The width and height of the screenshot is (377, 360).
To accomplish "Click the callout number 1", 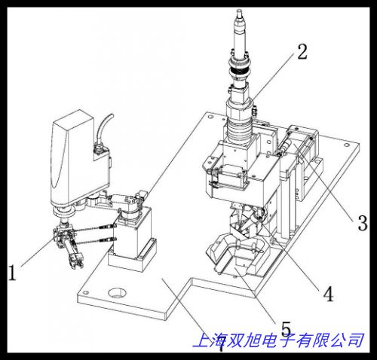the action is click(12, 273).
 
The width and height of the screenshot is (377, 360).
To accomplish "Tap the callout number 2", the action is click(302, 52).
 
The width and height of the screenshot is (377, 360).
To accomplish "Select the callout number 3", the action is click(363, 223).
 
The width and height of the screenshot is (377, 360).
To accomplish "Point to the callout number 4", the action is click(328, 294).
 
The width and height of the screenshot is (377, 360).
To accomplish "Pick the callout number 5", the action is click(286, 328).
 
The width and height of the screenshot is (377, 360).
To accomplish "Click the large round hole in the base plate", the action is click(117, 293).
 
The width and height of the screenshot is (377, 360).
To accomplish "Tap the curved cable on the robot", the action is click(104, 130).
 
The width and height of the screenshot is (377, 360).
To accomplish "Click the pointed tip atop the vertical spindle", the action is click(239, 11).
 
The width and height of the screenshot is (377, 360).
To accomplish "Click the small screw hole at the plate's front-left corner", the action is click(86, 292).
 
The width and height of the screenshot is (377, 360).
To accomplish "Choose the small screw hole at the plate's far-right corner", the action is click(347, 145).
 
